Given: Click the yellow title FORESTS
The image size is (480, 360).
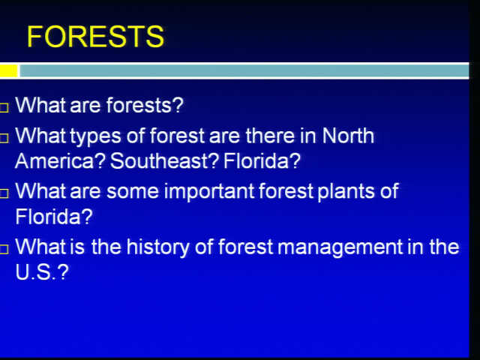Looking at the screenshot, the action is [x=95, y=37].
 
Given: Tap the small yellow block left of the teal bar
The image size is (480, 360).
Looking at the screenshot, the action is [x=9, y=71].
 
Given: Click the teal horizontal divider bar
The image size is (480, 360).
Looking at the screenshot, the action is [x=244, y=71].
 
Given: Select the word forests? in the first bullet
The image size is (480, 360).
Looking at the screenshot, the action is [x=145, y=105].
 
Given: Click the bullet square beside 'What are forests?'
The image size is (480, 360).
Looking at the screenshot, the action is [x=4, y=107].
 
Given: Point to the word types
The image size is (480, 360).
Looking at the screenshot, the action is [x=96, y=136].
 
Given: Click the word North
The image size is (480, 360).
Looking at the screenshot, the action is [x=348, y=135].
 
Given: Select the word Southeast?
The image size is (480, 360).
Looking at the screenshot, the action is [x=164, y=161].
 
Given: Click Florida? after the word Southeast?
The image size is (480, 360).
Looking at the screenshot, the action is [x=262, y=161].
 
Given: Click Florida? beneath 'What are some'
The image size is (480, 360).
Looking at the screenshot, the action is [x=54, y=217].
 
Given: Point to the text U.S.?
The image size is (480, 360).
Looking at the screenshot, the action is [x=42, y=272].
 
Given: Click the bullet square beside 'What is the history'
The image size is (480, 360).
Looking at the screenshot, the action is [x=4, y=250].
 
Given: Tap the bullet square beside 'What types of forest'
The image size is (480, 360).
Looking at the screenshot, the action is [x=4, y=138].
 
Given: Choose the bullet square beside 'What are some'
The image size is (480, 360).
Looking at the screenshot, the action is [x=4, y=193].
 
